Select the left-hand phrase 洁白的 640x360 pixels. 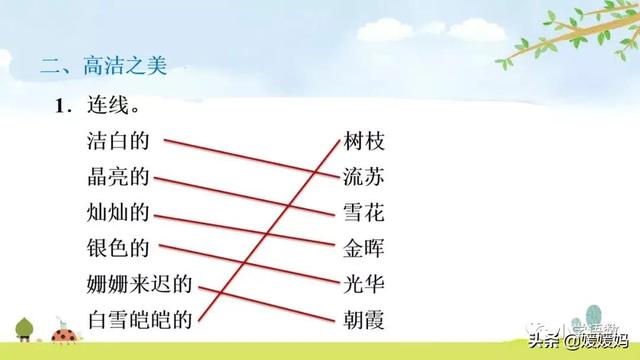tap(118, 143)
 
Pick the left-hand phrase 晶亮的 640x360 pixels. tap(118, 178)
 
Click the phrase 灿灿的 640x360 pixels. tap(118, 213)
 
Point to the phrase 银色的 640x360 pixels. tap(118, 248)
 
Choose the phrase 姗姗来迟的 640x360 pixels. tap(139, 284)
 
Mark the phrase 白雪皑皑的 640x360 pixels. tap(139, 319)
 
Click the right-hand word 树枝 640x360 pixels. tap(363, 143)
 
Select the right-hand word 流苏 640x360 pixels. tap(363, 178)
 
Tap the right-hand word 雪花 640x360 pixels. tap(363, 213)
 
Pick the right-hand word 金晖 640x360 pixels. tap(363, 248)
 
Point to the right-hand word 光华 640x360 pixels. tap(363, 284)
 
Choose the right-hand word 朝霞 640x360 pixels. tap(363, 319)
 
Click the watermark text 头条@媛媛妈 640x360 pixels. tap(579, 342)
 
